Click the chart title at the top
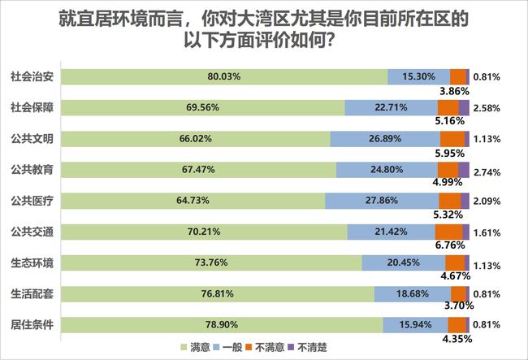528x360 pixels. pos(264,29)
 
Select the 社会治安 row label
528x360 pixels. pos(32,76)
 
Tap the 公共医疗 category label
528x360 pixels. pos(32,200)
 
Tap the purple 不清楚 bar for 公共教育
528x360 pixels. pos(464,169)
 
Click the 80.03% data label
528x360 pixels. pos(225,76)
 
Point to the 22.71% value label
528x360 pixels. pos(391,107)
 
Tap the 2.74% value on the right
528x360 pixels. pos(487,169)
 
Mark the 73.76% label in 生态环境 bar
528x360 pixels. pos(212,262)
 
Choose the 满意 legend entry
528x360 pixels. pos(195,349)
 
